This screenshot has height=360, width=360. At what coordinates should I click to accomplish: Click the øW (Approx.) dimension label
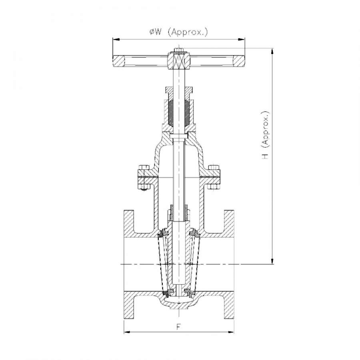(x=179, y=32)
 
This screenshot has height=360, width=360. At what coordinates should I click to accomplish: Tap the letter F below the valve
(x=179, y=327)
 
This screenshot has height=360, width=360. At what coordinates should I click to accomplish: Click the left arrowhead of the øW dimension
(x=116, y=40)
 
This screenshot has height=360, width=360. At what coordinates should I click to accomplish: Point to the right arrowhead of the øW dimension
(x=241, y=40)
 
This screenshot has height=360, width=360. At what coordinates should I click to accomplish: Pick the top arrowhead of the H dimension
(x=272, y=52)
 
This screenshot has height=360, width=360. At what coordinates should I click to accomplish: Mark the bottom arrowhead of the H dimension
(x=272, y=260)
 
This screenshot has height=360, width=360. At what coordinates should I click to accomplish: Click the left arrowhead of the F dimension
(x=128, y=332)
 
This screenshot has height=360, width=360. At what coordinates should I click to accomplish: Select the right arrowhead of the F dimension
(x=230, y=332)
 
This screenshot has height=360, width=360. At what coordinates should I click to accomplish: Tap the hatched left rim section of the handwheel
(x=118, y=61)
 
